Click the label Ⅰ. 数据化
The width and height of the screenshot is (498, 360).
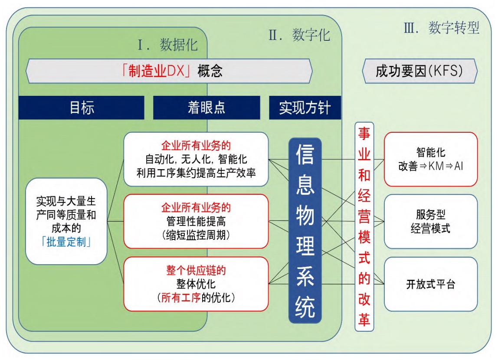[168, 45]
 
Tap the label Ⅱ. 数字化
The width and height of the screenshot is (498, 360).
[299, 35]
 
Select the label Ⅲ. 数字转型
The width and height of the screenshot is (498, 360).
[442, 28]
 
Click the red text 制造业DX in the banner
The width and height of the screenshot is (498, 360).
[156, 71]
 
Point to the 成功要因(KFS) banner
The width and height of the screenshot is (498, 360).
[419, 71]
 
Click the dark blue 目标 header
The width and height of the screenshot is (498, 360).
[81, 108]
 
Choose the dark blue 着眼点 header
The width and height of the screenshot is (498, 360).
[206, 108]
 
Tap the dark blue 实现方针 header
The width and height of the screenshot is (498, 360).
[305, 108]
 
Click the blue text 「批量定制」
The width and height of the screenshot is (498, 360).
[66, 242]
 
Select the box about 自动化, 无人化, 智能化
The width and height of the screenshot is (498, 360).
[196, 159]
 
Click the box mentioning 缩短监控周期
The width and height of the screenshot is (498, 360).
[196, 221]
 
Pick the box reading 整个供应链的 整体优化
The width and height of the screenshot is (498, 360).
[196, 284]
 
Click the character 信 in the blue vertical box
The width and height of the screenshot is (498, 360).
[305, 154]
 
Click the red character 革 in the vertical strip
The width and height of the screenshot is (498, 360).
[364, 319]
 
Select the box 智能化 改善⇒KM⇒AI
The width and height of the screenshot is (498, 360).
[431, 159]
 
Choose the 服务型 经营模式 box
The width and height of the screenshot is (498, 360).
[431, 221]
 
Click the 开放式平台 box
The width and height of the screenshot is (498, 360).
[431, 284]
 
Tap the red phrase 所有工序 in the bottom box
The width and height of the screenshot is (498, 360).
[181, 298]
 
